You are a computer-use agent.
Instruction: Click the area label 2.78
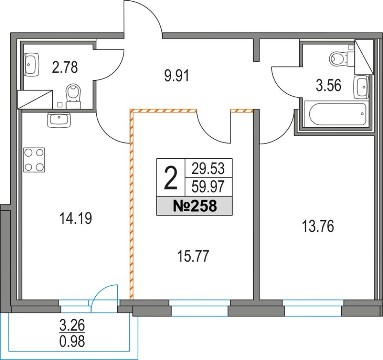[x=65, y=67]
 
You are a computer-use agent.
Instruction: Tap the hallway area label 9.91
[x=177, y=76]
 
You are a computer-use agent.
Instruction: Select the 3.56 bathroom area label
[x=329, y=86]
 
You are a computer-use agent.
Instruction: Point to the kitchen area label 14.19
[x=76, y=218]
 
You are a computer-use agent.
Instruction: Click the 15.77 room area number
[x=193, y=256]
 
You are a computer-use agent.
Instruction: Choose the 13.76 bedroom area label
[x=318, y=226]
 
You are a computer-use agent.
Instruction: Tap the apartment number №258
[x=195, y=206]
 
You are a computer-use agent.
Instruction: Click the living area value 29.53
[x=208, y=169]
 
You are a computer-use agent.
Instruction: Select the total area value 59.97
[x=208, y=187]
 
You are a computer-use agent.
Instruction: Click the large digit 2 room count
[x=171, y=178]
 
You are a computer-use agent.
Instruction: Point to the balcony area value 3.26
[x=72, y=325]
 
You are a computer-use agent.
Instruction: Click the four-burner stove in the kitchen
[x=34, y=160]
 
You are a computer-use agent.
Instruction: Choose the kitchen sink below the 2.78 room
[x=59, y=120]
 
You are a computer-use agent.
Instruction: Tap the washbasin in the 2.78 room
[x=32, y=65]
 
